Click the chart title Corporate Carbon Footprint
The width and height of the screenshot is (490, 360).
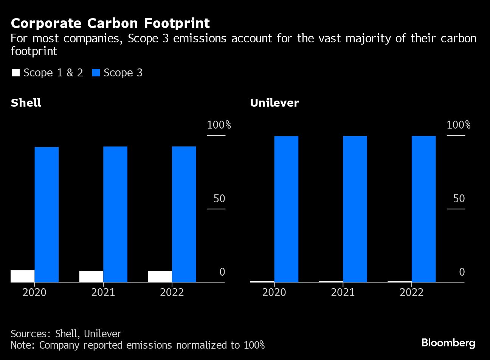point(110,23)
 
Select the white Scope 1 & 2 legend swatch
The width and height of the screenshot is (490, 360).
point(16,73)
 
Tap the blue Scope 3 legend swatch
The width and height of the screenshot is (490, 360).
point(96,73)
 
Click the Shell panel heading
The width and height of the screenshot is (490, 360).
point(26,103)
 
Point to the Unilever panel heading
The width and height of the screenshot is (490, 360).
point(274,103)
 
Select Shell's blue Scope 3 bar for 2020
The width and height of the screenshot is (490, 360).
point(47,214)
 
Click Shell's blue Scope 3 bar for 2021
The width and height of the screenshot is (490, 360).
point(115,214)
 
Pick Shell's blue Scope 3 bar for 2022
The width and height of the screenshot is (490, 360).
point(184,214)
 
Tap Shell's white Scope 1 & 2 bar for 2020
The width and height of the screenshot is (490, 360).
point(23,276)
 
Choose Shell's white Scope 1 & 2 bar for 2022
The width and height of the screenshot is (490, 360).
point(160,276)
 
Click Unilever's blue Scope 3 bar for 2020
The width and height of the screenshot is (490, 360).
point(286,209)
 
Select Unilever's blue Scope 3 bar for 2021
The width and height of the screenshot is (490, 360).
point(355,209)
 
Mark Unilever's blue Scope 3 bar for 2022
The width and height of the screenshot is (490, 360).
point(423,209)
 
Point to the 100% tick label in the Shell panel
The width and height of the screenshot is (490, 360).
point(219,125)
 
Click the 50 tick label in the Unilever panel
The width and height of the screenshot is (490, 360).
point(459,199)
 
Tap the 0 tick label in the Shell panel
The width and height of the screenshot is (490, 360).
point(222,272)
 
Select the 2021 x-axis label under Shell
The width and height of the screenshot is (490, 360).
point(103,292)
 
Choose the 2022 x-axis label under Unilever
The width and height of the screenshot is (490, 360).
point(412,292)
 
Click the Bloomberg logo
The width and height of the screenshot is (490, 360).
point(448,343)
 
